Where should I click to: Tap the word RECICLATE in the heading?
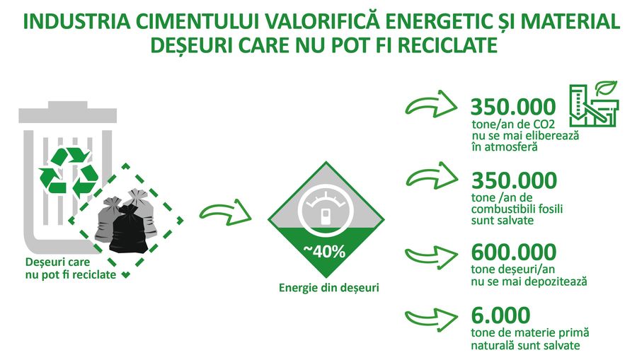pos(448,45)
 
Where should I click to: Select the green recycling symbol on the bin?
pos(68,170)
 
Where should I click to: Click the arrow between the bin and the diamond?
pos(225,212)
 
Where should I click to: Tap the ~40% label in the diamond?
pos(324,252)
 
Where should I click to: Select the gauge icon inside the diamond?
pos(326,210)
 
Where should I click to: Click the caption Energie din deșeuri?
pos(328,288)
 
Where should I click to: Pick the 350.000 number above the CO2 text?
pos(513,107)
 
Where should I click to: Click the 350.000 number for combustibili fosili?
pos(514,180)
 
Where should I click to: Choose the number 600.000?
pos(514,252)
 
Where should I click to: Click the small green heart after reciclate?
pos(126,275)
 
